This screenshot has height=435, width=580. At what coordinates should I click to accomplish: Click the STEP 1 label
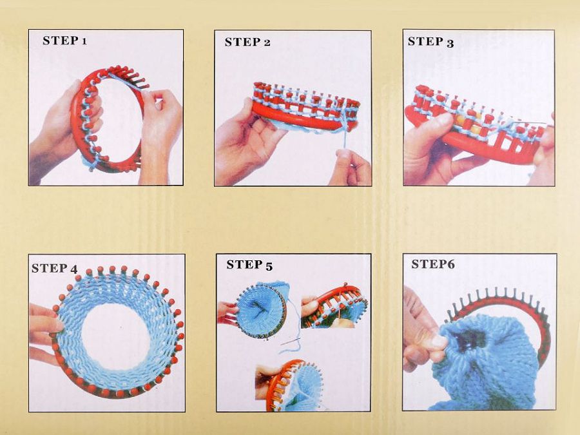(64, 41)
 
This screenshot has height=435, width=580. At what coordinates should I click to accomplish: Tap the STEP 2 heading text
(247, 42)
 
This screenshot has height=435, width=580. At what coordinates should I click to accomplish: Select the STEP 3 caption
(430, 42)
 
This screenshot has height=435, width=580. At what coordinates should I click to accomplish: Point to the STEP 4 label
(54, 269)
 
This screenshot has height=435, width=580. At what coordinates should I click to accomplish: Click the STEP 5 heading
(249, 266)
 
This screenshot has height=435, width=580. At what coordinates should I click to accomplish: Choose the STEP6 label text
(433, 264)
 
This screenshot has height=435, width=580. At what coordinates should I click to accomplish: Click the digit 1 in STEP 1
(84, 41)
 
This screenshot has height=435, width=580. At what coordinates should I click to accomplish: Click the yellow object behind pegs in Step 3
(467, 122)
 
